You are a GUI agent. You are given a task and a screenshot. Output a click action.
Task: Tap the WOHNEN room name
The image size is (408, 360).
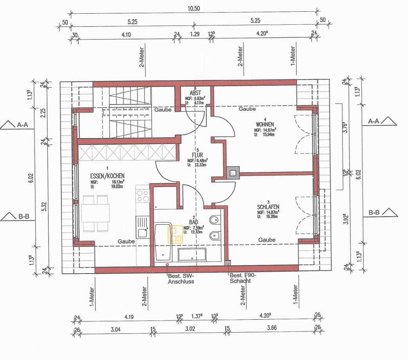265,124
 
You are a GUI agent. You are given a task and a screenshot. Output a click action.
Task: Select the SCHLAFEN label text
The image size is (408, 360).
268,207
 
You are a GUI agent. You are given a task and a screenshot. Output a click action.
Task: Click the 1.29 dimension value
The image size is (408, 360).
195,34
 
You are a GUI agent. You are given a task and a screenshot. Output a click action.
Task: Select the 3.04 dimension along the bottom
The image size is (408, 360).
115,329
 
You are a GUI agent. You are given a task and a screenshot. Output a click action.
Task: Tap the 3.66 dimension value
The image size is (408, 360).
271,329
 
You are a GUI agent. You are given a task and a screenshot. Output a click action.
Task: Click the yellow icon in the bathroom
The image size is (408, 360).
175,235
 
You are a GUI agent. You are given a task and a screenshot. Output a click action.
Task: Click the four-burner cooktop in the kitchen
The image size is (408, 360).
143,195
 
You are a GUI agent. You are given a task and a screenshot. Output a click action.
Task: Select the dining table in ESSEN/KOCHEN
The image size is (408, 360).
95,213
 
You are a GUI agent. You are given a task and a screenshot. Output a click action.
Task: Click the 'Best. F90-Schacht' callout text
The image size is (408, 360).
242,278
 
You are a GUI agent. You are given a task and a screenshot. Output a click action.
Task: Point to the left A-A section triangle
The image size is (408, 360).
9,125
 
